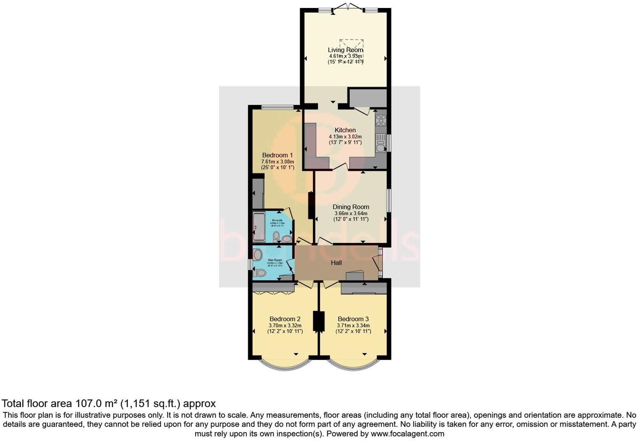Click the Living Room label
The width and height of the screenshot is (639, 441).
pos(345,50)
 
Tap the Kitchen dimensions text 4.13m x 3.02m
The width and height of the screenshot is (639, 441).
pos(345,137)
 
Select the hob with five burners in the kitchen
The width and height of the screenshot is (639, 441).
pos(381,120)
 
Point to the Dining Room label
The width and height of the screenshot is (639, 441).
pos(351,207)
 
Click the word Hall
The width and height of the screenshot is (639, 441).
pos(336,263)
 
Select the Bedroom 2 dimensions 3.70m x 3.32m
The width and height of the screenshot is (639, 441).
pos(285,325)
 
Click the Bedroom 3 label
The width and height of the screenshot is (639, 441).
pos(353,319)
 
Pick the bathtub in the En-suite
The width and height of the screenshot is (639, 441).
pos(259,227)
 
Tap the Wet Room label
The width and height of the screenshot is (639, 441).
pos(275,260)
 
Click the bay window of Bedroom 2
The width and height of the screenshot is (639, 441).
pos(285,366)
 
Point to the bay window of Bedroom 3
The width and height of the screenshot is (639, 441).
pos(353,366)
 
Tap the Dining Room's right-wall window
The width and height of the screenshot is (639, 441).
pos(389,200)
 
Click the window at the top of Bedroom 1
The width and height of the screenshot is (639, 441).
pos(277,107)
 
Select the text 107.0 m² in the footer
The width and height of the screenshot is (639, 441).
pos(96,404)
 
